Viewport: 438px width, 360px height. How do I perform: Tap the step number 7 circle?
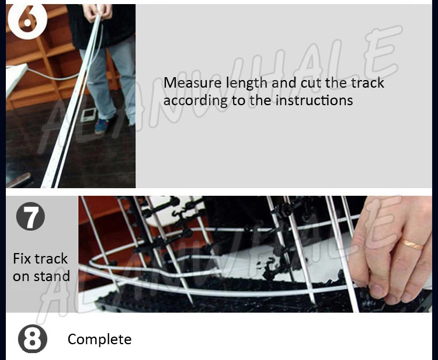(30, 217)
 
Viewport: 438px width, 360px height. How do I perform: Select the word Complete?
(99, 340)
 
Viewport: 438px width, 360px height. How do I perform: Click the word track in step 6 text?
(368, 82)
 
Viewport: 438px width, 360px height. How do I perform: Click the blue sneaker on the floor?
(103, 125)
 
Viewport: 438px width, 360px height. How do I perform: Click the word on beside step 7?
(20, 276)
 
